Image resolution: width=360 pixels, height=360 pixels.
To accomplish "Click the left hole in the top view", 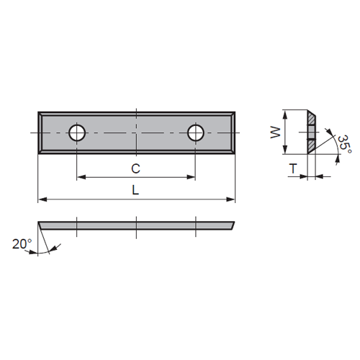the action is tap(77, 132).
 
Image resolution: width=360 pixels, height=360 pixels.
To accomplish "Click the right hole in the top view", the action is tap(196, 132).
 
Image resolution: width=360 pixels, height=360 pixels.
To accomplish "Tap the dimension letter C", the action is tap(135, 168).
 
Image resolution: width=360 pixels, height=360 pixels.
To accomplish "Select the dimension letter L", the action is tap(135, 190).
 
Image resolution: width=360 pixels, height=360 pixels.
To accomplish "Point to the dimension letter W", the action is tap(275, 132).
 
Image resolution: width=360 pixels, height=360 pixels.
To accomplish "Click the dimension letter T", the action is tap(293, 168).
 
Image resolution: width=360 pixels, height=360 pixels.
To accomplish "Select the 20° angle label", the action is tap(22, 244).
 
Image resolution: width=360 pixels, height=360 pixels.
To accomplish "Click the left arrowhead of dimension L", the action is tap(42, 199).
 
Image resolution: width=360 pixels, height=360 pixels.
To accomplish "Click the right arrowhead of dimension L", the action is tap(230, 199).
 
